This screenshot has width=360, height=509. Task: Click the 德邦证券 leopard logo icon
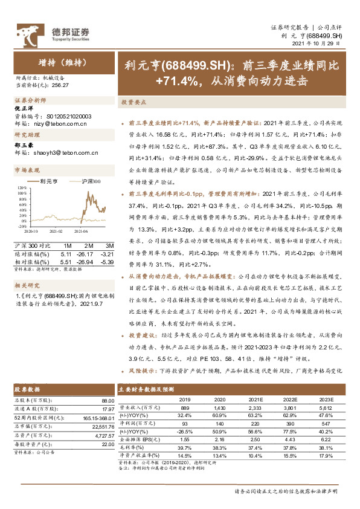27,32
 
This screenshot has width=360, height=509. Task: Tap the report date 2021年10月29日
321,44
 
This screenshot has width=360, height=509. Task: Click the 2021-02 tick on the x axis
56,231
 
